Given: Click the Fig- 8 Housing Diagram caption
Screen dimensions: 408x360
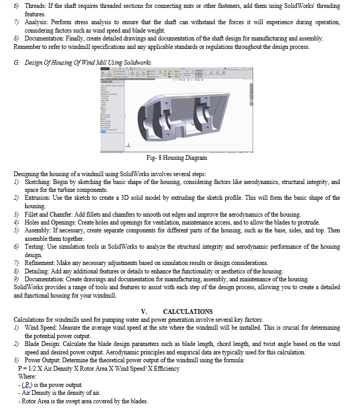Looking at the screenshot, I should tap(177, 158).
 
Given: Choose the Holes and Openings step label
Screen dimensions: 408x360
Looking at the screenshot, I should tap(52, 222).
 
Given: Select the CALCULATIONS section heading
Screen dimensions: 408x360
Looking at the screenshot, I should tap(188, 312).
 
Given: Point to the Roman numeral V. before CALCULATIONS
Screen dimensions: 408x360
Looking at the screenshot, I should tap(144, 312).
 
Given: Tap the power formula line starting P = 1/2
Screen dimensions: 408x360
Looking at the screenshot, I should tap(98, 369).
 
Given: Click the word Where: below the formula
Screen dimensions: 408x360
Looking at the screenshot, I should tap(27, 377).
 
